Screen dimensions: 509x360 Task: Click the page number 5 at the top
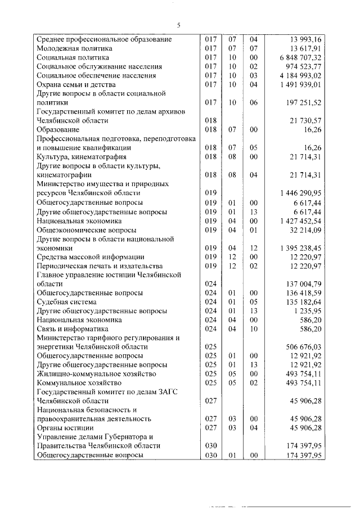pyautogui.click(x=178, y=25)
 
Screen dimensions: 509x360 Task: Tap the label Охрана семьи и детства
pyautogui.click(x=76, y=84)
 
